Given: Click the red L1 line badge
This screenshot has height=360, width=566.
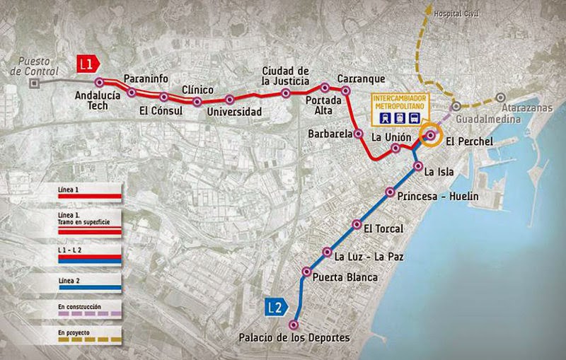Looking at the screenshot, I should (x=86, y=64).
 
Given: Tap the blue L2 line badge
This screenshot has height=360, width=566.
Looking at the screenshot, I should (x=276, y=307).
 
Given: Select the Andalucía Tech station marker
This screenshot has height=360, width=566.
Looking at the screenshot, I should (x=100, y=82).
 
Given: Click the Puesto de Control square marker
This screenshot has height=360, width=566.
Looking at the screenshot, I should (x=33, y=82).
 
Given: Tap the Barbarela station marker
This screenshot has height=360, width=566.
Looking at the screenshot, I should (x=358, y=133).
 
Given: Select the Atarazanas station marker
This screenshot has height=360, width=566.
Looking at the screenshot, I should (x=499, y=98).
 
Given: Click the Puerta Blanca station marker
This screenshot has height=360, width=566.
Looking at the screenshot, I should (x=306, y=271).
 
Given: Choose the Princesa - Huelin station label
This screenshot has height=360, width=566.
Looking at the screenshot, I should (x=438, y=196).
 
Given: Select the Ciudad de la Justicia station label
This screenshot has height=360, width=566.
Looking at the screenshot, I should (x=287, y=76).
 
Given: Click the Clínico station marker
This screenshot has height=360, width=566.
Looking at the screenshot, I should (x=197, y=102).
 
